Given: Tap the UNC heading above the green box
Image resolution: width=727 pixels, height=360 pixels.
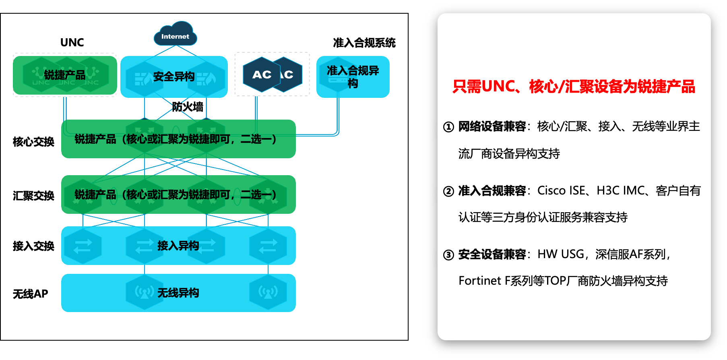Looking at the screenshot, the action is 72,43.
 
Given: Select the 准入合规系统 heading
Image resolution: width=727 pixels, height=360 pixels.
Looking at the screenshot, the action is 364,43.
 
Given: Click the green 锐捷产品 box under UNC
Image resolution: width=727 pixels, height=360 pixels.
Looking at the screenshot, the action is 65,75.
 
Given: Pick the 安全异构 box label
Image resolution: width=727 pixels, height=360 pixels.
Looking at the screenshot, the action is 174,77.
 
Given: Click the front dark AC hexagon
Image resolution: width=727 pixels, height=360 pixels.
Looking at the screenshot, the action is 262,74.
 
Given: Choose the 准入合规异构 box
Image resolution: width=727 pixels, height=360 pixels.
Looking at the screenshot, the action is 353,77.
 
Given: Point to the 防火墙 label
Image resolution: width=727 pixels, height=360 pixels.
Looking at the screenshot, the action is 188,107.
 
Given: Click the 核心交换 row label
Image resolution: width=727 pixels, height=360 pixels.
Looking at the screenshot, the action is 33,142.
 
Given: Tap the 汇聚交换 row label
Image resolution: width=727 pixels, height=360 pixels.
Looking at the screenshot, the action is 33,196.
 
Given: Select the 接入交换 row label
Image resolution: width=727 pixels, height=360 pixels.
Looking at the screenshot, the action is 33,246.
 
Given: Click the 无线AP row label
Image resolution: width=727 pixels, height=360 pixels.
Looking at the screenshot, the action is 30,294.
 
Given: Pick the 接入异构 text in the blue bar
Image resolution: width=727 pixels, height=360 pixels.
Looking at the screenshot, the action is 178,246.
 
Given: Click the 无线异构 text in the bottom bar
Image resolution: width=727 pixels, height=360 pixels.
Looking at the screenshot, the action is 178,293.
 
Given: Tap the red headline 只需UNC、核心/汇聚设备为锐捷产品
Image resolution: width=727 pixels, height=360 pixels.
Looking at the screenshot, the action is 574,87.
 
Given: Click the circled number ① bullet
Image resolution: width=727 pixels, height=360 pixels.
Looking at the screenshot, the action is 448,127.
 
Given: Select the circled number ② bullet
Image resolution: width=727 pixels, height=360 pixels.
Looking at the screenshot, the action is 448,191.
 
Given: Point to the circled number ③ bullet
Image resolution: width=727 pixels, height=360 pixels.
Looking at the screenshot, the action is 448,255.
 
